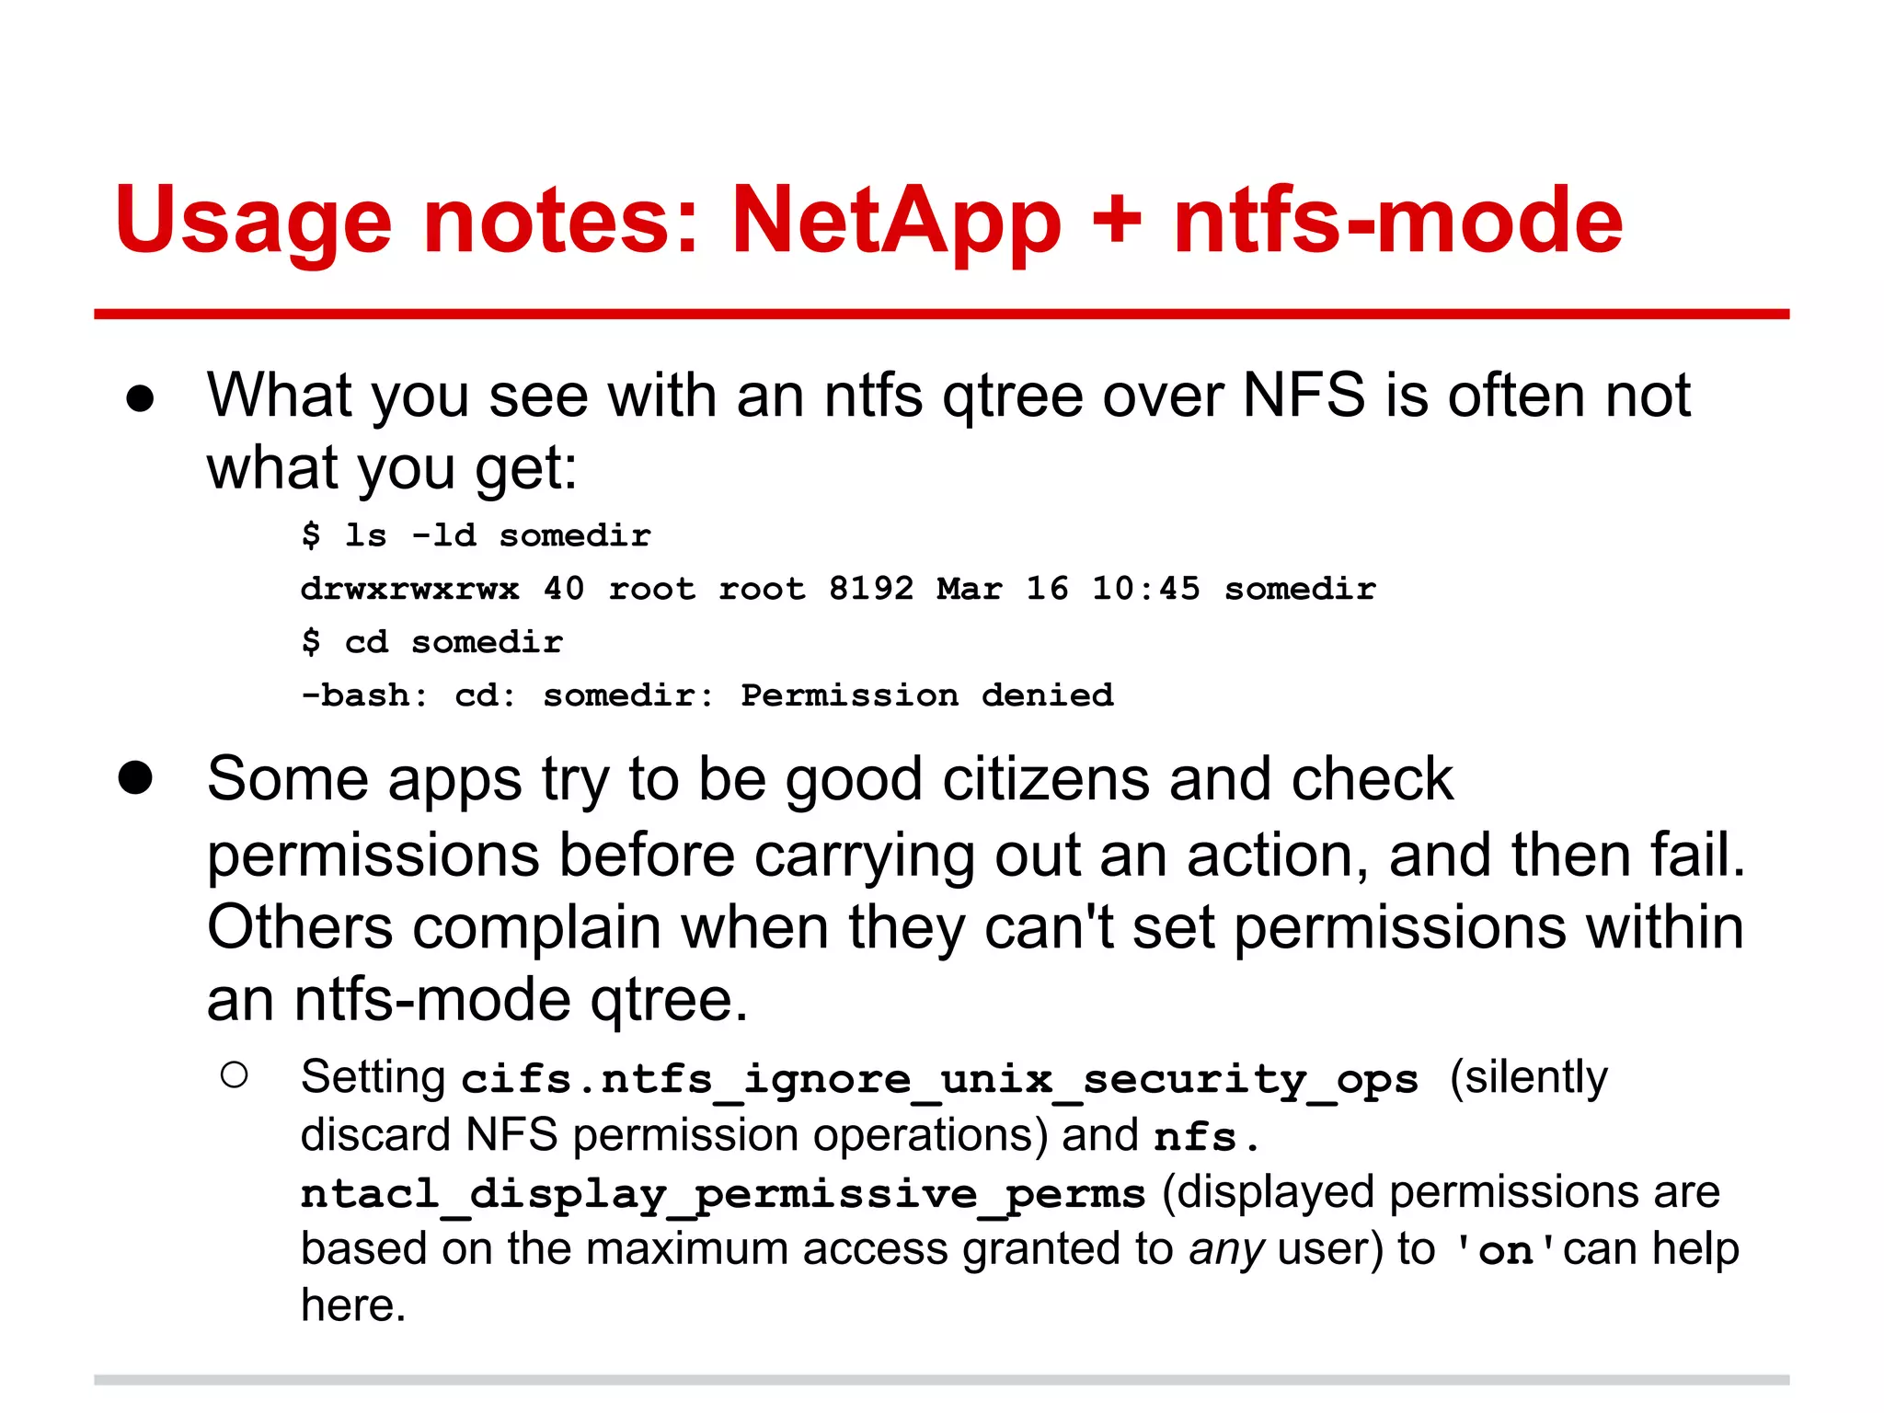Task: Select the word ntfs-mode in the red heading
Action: coord(1398,221)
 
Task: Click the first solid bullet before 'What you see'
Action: coord(140,399)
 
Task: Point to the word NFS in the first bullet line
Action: coord(1304,396)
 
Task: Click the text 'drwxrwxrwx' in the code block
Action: coord(410,589)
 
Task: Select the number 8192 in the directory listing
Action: coord(871,589)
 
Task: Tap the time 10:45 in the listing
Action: coord(1145,589)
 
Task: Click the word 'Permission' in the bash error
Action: coord(849,695)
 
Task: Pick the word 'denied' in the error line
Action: coord(1047,695)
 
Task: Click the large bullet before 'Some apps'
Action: coord(135,778)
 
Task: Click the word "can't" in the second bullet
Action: coord(1049,926)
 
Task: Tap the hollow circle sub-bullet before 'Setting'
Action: coord(235,1075)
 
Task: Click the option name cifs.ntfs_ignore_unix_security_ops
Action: coord(939,1079)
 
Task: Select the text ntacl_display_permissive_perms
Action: coord(723,1195)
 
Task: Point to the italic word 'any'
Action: coord(1226,1249)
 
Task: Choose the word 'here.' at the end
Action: coord(353,1305)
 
